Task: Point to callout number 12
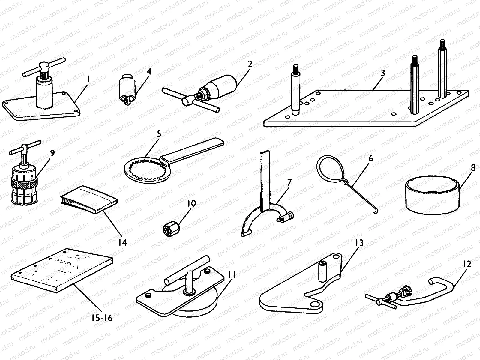[467, 264]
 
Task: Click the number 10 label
[191, 204]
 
